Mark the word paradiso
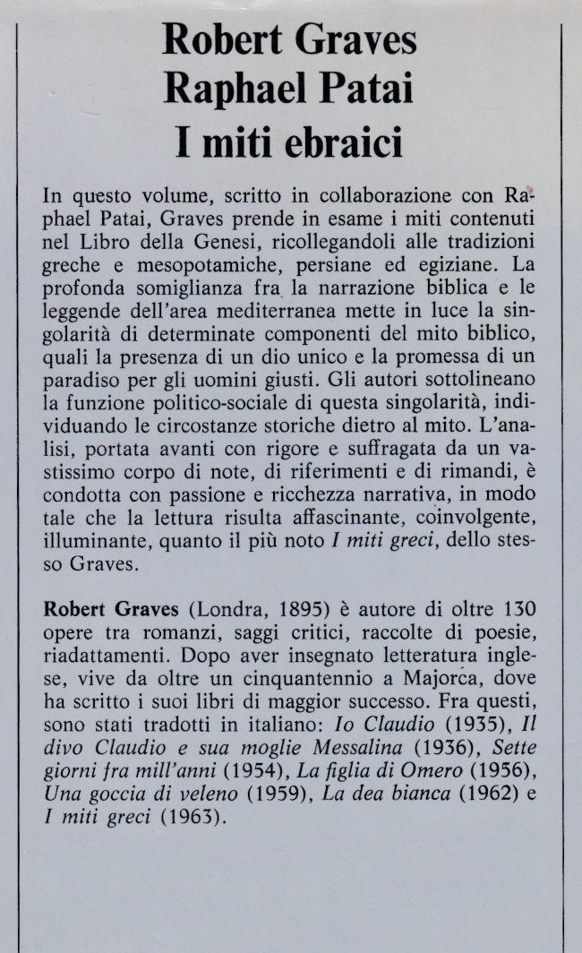click(x=81, y=382)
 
